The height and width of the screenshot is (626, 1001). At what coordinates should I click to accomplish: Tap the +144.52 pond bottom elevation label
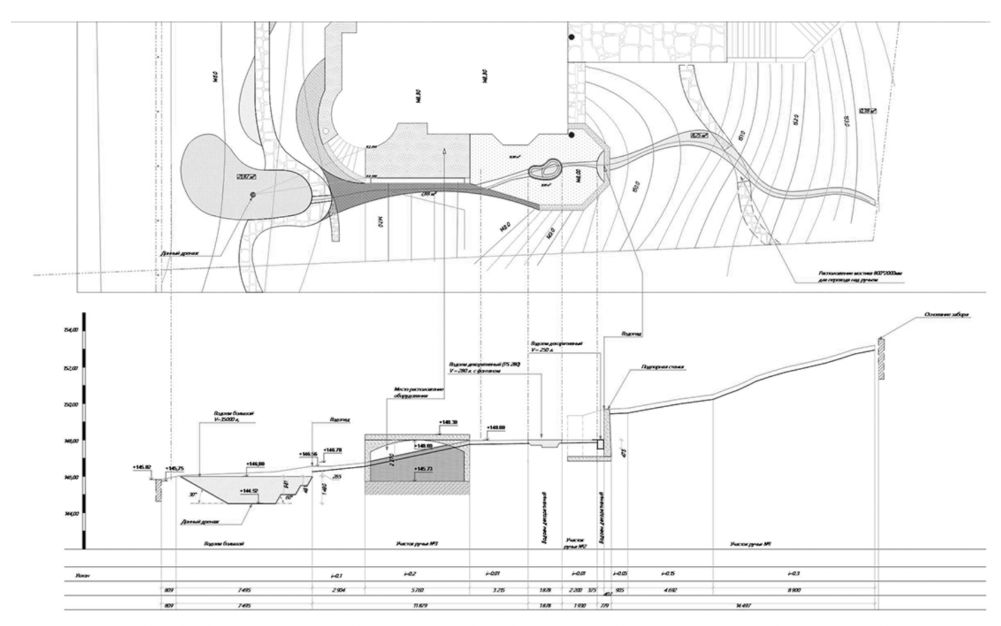click(x=249, y=491)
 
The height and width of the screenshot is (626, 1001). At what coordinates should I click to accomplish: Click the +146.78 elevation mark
click(x=332, y=450)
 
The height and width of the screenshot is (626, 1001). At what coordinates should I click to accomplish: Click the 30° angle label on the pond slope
click(x=192, y=494)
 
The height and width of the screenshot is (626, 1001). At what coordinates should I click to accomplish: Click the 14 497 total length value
click(x=744, y=606)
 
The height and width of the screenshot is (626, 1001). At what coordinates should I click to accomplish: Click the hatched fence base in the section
click(x=881, y=359)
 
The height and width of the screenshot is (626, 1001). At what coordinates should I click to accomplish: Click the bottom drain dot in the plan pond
click(x=252, y=195)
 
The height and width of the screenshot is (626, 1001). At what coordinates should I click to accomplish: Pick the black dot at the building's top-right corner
click(x=571, y=37)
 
